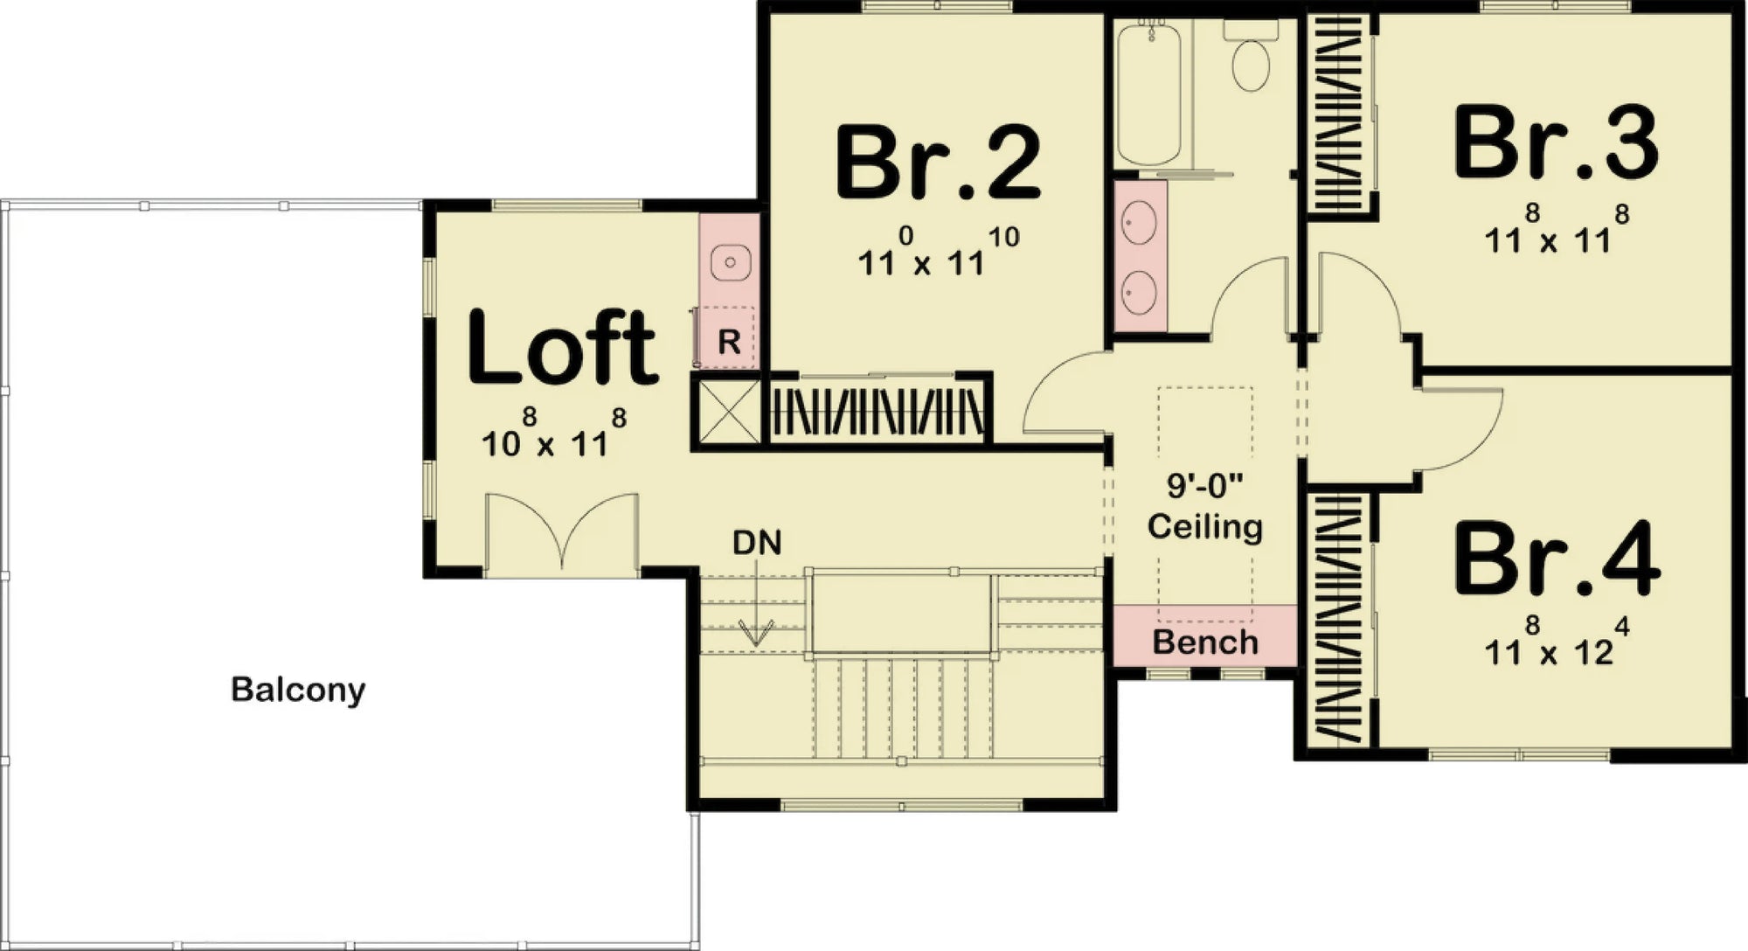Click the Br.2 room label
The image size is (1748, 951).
point(938,163)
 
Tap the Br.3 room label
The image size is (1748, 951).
point(1556,143)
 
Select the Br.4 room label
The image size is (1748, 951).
point(1557,559)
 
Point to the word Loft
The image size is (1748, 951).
point(562,348)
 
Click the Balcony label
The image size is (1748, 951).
point(298,690)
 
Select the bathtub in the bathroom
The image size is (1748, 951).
point(1149,94)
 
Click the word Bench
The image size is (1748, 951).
point(1204,642)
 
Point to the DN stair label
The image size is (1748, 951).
point(757,543)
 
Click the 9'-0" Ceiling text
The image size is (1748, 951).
point(1204,506)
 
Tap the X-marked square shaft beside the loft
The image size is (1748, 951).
point(727,411)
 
